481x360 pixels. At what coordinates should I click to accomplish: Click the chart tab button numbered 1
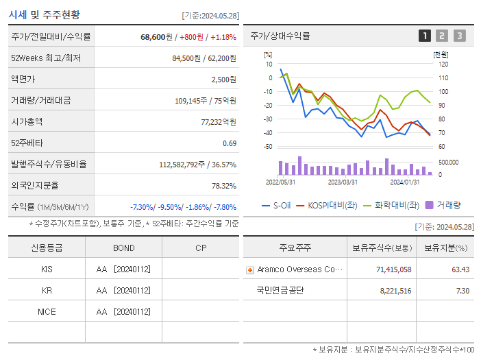(425, 36)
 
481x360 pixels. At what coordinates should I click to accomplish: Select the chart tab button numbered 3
(459, 36)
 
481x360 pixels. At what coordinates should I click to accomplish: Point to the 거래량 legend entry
(443, 205)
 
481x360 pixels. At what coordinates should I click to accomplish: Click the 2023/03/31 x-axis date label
(343, 182)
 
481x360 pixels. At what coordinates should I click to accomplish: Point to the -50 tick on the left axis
(268, 147)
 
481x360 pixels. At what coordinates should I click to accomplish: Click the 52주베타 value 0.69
(230, 143)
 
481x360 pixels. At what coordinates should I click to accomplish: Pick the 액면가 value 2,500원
(223, 79)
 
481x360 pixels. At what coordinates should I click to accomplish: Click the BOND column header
(123, 248)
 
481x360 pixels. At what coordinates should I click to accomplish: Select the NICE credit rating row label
(47, 311)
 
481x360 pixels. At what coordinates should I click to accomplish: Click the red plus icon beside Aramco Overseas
(250, 269)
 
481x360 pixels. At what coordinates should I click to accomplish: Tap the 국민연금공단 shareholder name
(280, 290)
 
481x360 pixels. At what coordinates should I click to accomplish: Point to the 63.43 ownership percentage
(460, 269)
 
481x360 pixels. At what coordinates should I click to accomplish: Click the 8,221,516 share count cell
(394, 291)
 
